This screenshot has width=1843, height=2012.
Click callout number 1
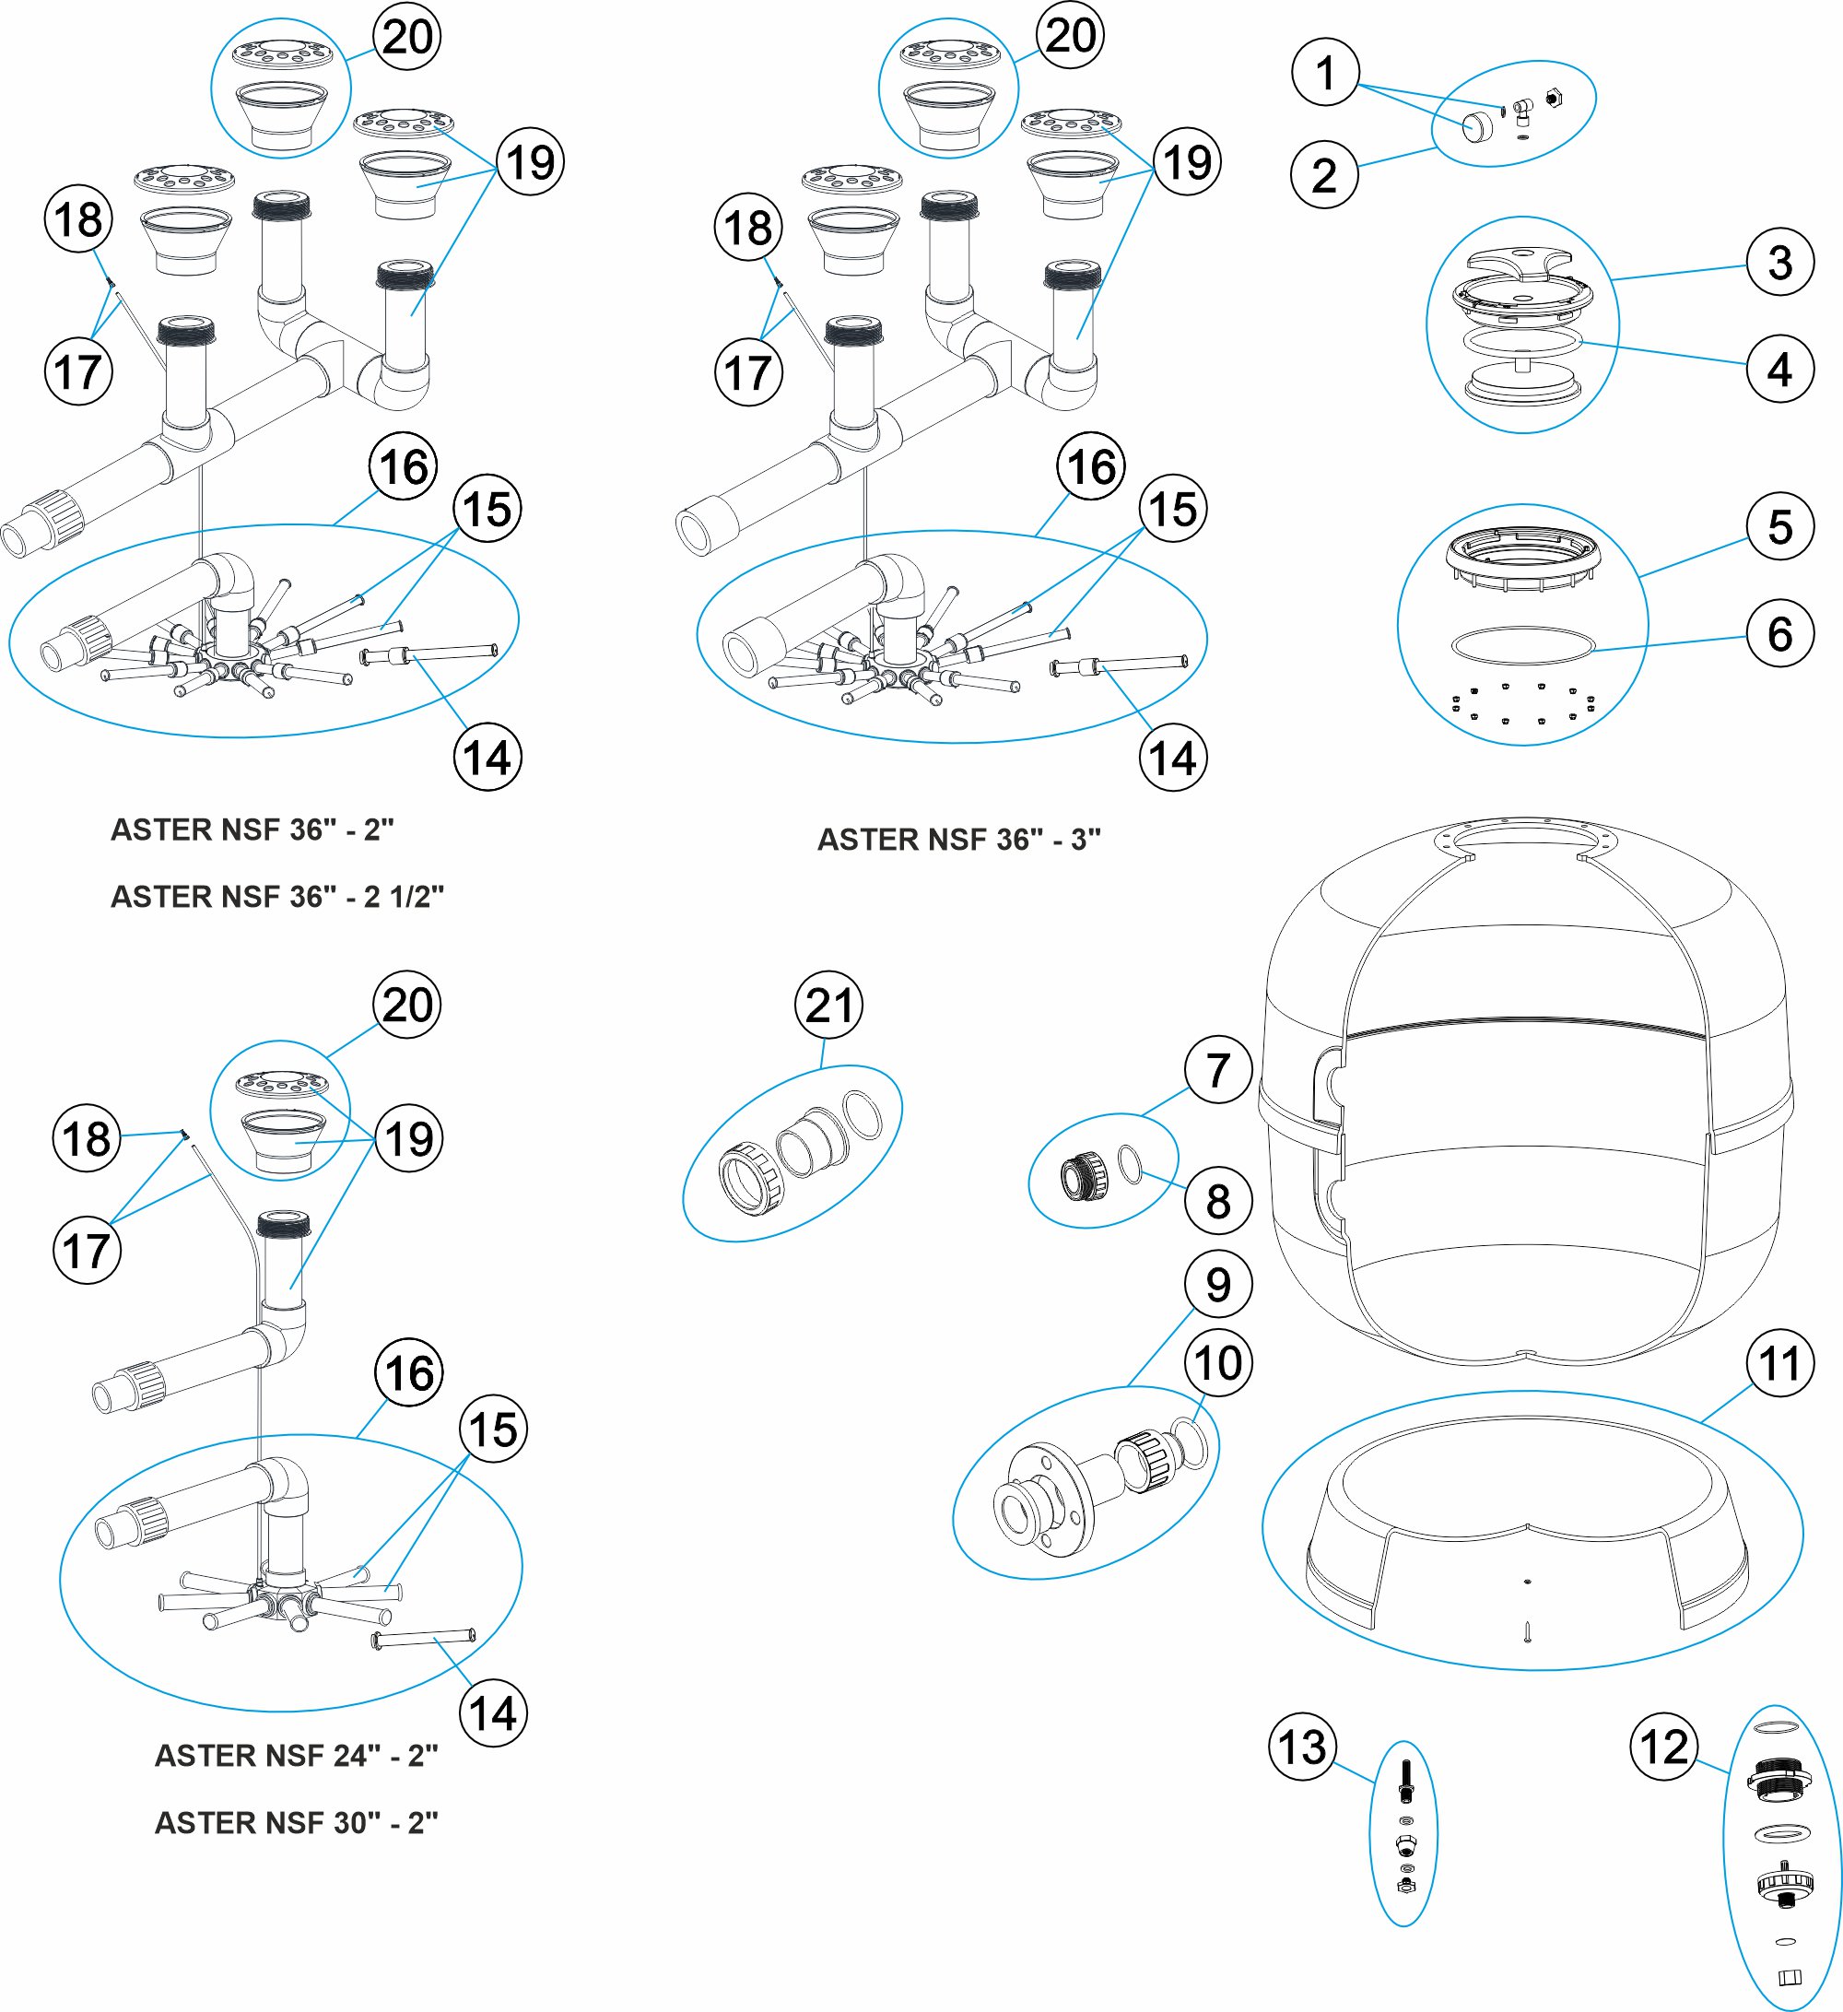(x=1324, y=72)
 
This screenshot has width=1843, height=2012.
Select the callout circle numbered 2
(x=1323, y=174)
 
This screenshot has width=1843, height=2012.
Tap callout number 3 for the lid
(x=1779, y=263)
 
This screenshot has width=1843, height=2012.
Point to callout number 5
(x=1779, y=527)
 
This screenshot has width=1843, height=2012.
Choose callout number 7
(x=1217, y=1070)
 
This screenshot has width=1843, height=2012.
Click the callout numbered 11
(x=1779, y=1363)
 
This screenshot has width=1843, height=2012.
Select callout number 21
(x=828, y=1005)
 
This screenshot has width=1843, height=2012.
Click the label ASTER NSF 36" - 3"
(x=958, y=840)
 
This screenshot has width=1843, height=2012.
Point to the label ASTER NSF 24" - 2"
(x=297, y=1756)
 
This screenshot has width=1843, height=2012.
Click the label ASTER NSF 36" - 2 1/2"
(x=276, y=896)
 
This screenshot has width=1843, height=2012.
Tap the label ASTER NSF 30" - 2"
(x=297, y=1822)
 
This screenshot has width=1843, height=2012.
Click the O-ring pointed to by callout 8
(x=1131, y=1164)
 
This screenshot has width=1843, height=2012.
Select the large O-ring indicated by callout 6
(x=1522, y=645)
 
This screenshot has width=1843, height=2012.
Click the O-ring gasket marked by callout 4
(x=1522, y=342)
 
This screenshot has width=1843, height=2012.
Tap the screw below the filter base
(x=1527, y=1631)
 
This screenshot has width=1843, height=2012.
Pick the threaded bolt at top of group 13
(x=1406, y=1781)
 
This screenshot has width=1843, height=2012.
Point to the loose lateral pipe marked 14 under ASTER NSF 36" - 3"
(x=1120, y=665)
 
